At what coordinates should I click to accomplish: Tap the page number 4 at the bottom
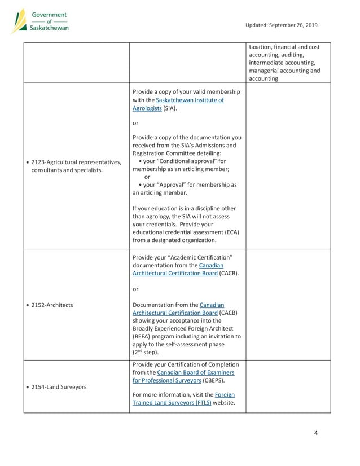point(315,433)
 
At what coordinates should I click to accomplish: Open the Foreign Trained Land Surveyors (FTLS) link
point(184,399)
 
